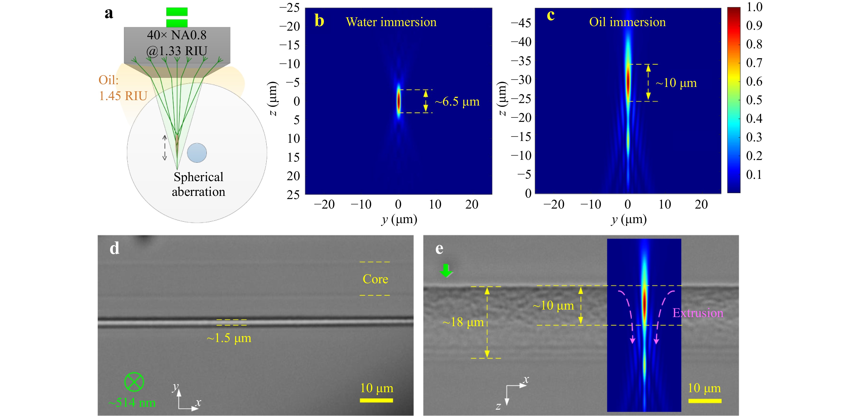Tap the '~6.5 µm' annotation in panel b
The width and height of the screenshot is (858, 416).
pyautogui.click(x=457, y=102)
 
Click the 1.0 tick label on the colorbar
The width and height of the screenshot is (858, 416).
pyautogui.click(x=754, y=7)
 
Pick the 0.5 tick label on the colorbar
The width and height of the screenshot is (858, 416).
pyautogui.click(x=754, y=100)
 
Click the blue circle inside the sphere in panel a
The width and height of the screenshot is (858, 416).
pyautogui.click(x=197, y=153)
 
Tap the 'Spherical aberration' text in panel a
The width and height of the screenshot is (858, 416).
pyautogui.click(x=199, y=184)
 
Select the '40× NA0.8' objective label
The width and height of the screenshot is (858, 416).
pyautogui.click(x=177, y=35)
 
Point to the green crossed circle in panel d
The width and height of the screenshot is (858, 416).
pyautogui.click(x=134, y=382)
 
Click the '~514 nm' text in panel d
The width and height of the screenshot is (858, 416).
pyautogui.click(x=132, y=403)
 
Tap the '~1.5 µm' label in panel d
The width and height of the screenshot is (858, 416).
pyautogui.click(x=229, y=338)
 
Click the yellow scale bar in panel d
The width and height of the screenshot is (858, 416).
pyautogui.click(x=376, y=400)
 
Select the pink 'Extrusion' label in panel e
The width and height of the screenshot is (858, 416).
pyautogui.click(x=698, y=313)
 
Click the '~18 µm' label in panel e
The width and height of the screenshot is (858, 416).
pyautogui.click(x=463, y=322)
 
